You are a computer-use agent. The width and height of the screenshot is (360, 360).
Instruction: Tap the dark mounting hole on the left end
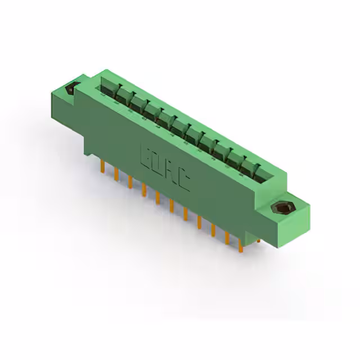(71, 88)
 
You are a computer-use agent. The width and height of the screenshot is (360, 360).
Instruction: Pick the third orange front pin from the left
(130, 182)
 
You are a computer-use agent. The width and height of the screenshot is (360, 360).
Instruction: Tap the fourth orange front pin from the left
(144, 190)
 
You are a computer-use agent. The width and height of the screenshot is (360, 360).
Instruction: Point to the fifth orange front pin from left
(157, 199)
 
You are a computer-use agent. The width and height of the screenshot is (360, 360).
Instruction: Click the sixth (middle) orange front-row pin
(172, 206)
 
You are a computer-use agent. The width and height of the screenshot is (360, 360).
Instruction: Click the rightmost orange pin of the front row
(241, 245)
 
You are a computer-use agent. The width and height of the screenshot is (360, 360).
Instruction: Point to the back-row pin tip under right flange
(258, 240)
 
